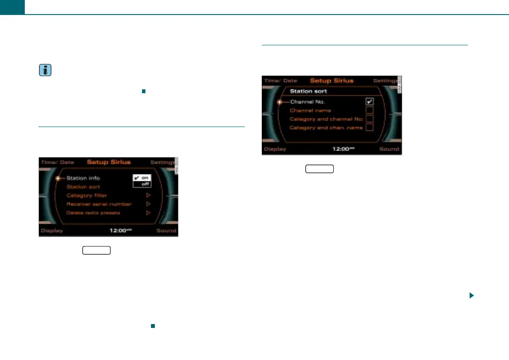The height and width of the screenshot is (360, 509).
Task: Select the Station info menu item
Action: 83,178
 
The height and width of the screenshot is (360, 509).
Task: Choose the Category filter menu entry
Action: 86,195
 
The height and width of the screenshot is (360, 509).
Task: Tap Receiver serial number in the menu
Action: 99,204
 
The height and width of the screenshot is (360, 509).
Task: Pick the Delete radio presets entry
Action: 93,212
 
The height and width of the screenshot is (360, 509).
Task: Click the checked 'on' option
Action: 142,177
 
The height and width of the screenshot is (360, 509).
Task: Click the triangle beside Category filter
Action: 148,195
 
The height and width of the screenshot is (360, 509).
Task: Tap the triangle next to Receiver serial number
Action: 148,204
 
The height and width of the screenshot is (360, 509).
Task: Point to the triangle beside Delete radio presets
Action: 148,212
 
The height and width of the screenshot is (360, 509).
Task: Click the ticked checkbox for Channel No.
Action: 370,102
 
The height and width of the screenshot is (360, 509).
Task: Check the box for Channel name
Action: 370,110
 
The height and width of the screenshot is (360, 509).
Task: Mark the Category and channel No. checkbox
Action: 370,119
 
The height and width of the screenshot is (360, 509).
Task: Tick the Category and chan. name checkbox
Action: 370,127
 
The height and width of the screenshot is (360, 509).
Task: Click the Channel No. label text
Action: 308,102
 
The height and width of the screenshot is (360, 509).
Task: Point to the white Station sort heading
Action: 309,91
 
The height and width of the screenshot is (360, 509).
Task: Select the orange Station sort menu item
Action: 83,187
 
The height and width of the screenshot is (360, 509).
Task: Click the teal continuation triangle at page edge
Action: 471,295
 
